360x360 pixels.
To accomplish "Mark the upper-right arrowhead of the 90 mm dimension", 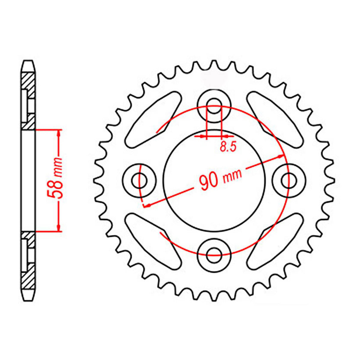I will click(x=280, y=156).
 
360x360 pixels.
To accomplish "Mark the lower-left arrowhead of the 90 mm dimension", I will click(x=147, y=205).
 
